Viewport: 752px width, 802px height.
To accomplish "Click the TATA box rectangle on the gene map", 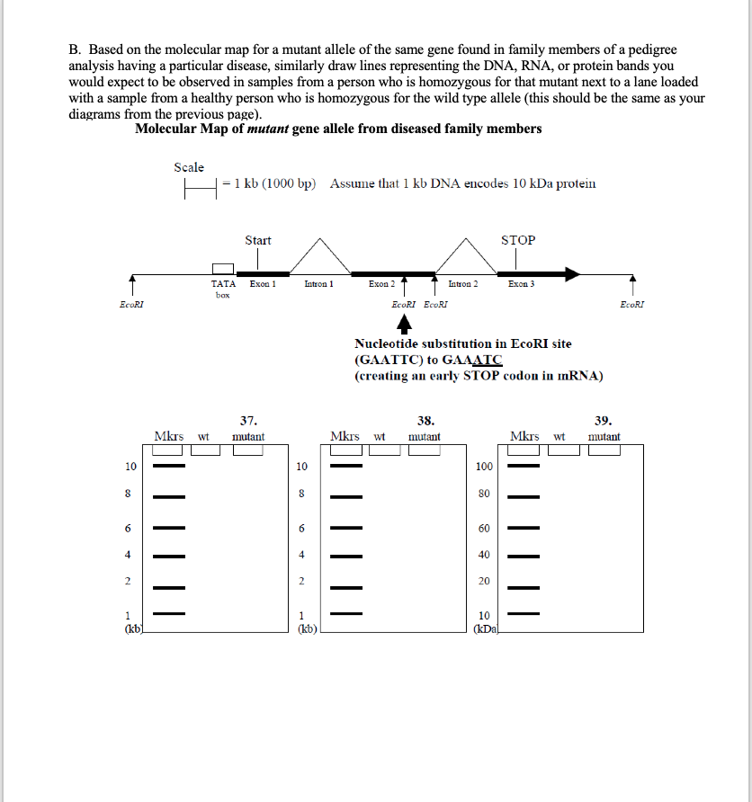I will [x=222, y=268].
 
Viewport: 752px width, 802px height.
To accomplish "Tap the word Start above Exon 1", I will [x=258, y=240].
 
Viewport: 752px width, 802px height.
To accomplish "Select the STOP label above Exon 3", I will [x=518, y=240].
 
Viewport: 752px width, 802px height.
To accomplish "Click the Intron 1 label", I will [x=319, y=284].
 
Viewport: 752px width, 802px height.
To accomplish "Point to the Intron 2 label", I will [x=462, y=284].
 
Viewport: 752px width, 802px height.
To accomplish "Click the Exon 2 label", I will [x=381, y=284].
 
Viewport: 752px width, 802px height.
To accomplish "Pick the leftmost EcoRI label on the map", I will [x=131, y=305].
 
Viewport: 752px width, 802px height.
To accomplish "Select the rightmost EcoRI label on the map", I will [x=632, y=305].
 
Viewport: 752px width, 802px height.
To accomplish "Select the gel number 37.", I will [x=249, y=420].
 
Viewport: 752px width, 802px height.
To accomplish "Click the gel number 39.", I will [x=604, y=420].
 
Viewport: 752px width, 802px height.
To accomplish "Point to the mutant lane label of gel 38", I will [x=425, y=437].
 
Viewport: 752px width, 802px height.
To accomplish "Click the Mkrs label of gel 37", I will [x=168, y=437].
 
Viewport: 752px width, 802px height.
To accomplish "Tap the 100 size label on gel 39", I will [x=484, y=467].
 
